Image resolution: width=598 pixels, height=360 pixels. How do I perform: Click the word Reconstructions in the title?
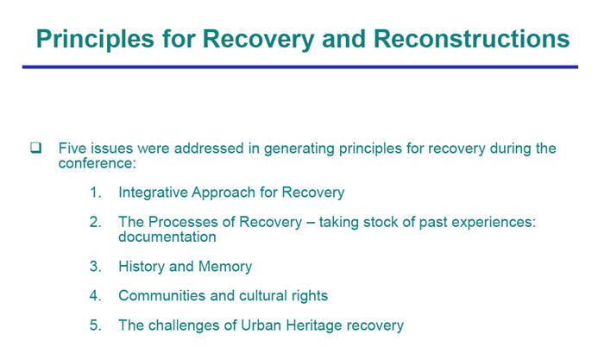tap(471, 39)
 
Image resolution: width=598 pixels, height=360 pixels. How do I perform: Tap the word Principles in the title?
tap(95, 40)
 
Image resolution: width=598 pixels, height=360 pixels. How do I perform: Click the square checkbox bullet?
tap(36, 148)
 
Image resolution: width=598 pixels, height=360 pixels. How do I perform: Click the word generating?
tap(299, 148)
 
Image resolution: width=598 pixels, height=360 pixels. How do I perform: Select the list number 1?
tap(95, 193)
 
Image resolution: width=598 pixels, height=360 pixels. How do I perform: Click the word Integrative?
tap(153, 193)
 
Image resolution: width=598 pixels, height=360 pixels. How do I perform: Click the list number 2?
tap(95, 222)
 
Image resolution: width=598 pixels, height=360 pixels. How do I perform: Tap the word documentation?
tap(167, 237)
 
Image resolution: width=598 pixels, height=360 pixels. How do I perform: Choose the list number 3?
tap(95, 266)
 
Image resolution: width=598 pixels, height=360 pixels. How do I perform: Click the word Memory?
tap(225, 267)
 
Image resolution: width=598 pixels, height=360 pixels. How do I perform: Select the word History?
tap(142, 267)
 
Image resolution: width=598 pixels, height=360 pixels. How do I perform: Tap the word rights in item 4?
tap(310, 296)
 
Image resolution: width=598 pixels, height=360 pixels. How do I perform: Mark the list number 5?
tap(95, 325)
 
